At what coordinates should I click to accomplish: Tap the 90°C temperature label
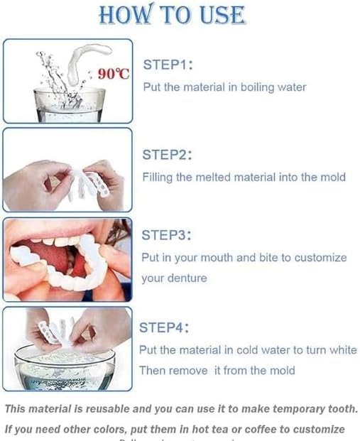pyautogui.click(x=113, y=74)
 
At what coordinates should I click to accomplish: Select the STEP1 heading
pyautogui.click(x=168, y=65)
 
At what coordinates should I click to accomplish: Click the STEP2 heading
pyautogui.click(x=168, y=154)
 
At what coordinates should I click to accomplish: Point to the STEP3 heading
pyautogui.click(x=166, y=235)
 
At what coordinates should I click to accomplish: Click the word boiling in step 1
pyautogui.click(x=261, y=87)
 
